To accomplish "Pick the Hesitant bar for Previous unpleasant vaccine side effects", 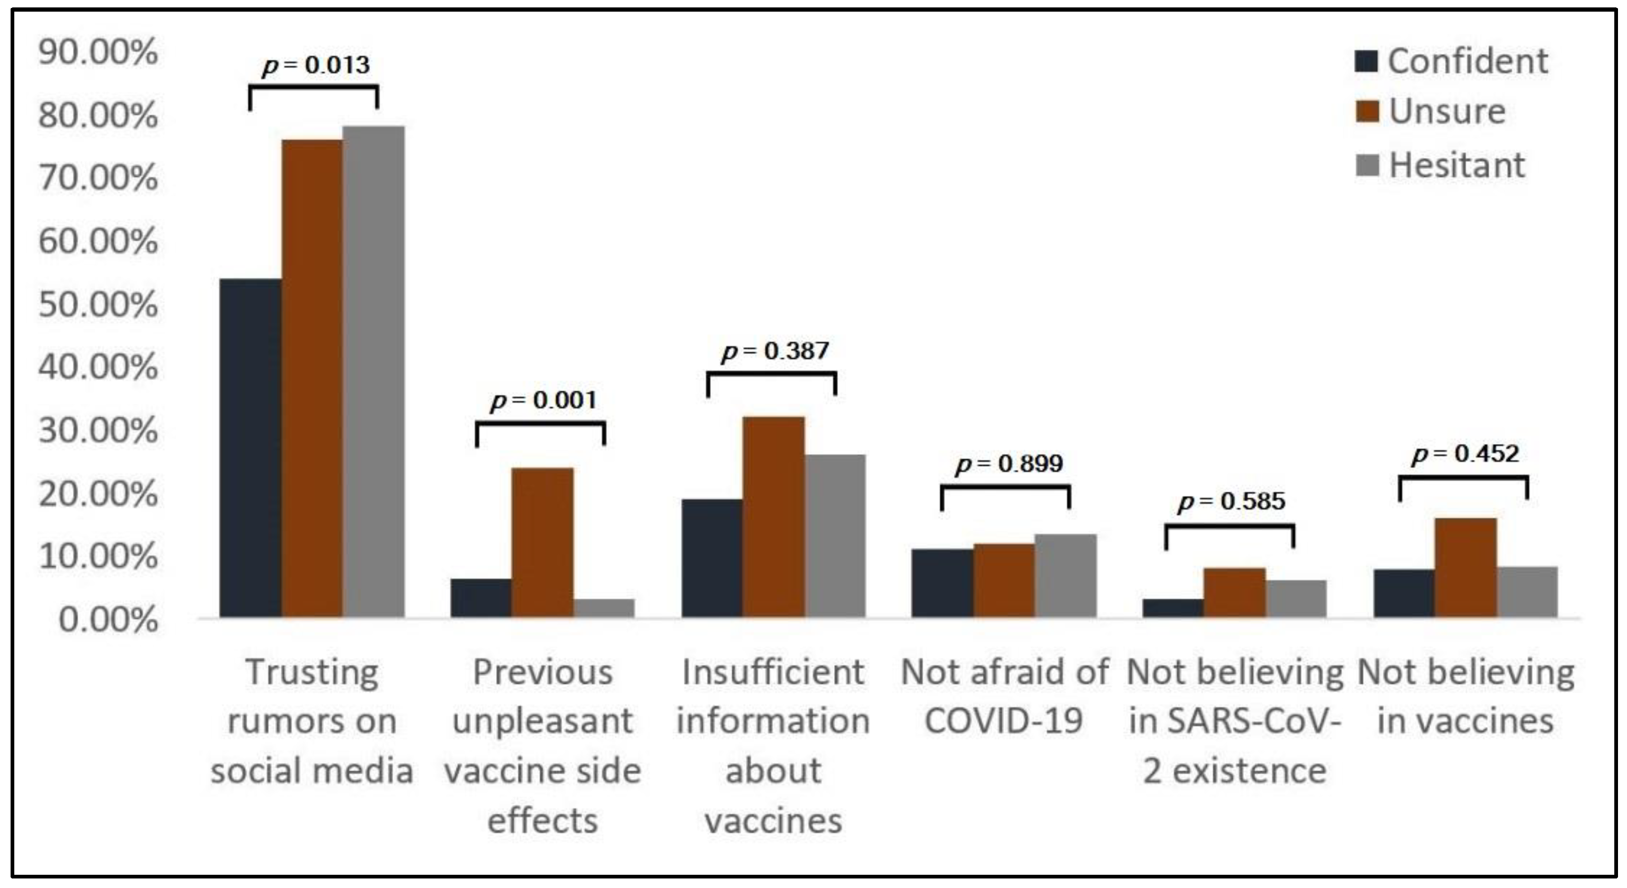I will point(604,608).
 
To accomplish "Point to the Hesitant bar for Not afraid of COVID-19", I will point(1065,575).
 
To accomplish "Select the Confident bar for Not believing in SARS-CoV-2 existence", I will point(1173,608).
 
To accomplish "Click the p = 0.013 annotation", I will point(316,65).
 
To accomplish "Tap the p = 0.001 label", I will point(543,401).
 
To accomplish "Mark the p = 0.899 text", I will point(1009,464).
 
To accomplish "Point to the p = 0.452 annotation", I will point(1466,454).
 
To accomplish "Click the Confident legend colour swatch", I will point(1366,61).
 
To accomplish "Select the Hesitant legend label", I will point(1457,166).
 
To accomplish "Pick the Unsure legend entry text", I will point(1447,112).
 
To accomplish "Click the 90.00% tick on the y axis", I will point(98,52).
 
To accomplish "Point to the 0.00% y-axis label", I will point(107,620).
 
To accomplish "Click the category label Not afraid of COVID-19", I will point(1004,696).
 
